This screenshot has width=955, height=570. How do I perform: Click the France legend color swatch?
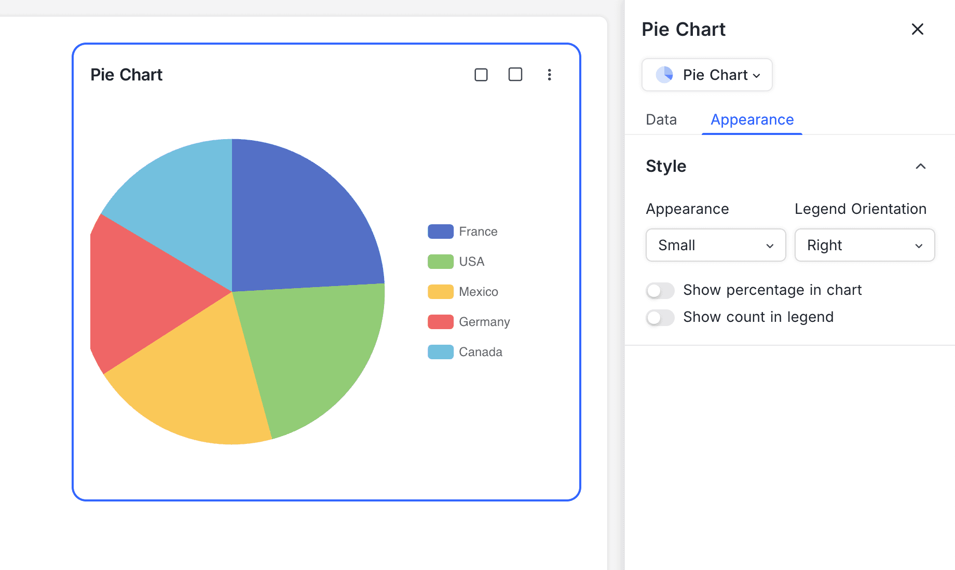click(440, 232)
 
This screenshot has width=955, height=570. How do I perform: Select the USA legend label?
click(471, 262)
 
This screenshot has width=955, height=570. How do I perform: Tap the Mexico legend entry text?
click(478, 292)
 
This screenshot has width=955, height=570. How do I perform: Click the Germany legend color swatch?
click(440, 322)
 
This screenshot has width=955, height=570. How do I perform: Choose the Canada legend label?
click(480, 352)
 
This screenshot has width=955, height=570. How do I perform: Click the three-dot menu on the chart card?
click(549, 75)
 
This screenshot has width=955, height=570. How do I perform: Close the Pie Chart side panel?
click(917, 29)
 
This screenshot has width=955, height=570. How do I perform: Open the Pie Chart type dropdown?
click(707, 75)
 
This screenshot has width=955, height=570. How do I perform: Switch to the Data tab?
click(661, 119)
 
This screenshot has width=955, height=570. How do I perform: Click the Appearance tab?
click(752, 119)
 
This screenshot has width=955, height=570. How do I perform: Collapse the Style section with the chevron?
click(920, 166)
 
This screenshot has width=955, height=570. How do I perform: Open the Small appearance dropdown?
click(716, 245)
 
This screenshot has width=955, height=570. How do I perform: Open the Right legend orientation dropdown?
click(865, 245)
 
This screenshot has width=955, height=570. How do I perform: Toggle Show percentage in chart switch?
click(660, 290)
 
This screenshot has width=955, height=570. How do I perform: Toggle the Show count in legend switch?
click(660, 317)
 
